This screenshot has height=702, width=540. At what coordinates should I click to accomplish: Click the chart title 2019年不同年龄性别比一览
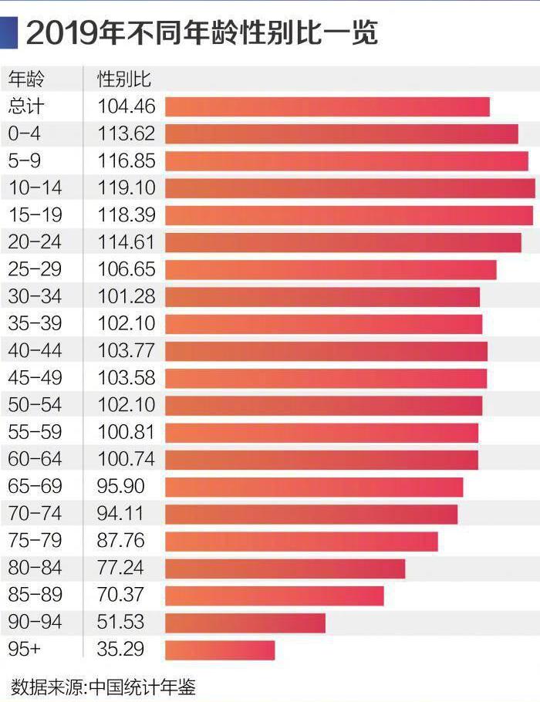tap(202, 32)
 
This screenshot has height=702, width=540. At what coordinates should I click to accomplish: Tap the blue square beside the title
tap(8, 32)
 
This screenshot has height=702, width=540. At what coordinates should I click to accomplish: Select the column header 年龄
tap(26, 79)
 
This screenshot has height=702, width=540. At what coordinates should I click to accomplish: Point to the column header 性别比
tap(123, 79)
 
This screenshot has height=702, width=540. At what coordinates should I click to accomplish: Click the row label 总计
tap(26, 106)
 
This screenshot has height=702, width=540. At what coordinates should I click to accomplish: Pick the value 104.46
tap(127, 106)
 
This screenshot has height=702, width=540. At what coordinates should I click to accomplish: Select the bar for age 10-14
tap(349, 188)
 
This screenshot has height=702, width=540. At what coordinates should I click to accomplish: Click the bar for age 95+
tap(220, 650)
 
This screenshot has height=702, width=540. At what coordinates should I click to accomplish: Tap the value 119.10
tap(127, 188)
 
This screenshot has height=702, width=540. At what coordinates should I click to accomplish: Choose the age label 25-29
tap(35, 269)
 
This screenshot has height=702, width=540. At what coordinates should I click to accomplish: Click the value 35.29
tap(121, 650)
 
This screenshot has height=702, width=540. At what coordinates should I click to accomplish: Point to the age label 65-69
tap(35, 487)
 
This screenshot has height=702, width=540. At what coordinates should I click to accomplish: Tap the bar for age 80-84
tap(285, 569)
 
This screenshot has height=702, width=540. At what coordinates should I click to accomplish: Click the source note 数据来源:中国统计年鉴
tap(103, 686)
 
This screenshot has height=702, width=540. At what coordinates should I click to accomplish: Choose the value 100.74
tap(127, 460)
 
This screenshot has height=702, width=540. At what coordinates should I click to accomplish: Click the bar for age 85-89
tap(274, 596)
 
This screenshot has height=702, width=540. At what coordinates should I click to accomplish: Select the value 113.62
tap(127, 133)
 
